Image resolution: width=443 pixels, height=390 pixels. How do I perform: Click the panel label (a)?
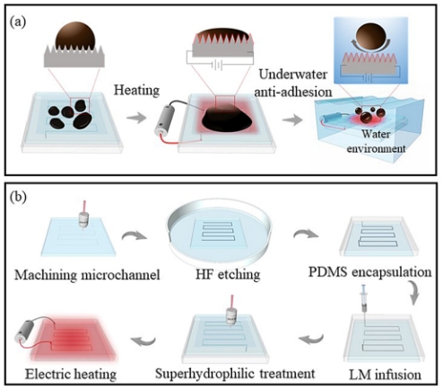click(18, 22)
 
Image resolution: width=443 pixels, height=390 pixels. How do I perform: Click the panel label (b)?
click(18, 197)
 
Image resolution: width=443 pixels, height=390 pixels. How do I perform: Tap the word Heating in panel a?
click(136, 91)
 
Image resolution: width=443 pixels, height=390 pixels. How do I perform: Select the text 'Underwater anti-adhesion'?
click(293, 83)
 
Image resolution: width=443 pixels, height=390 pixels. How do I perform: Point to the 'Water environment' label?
click(376, 141)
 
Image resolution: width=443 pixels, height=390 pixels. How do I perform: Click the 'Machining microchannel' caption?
click(87, 275)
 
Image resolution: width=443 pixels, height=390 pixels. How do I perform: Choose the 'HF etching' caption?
click(228, 274)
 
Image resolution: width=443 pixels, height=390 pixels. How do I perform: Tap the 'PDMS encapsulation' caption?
click(370, 272)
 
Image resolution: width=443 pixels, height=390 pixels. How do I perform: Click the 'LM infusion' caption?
click(386, 375)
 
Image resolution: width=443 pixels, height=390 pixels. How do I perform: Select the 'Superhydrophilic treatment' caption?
click(235, 374)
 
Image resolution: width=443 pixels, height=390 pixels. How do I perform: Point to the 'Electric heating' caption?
click(71, 374)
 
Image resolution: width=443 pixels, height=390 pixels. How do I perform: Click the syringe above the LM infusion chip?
click(364, 299)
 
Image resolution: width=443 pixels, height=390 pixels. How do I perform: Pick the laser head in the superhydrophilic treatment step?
click(231, 313)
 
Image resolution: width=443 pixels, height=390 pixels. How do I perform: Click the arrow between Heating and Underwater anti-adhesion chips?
click(292, 120)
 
